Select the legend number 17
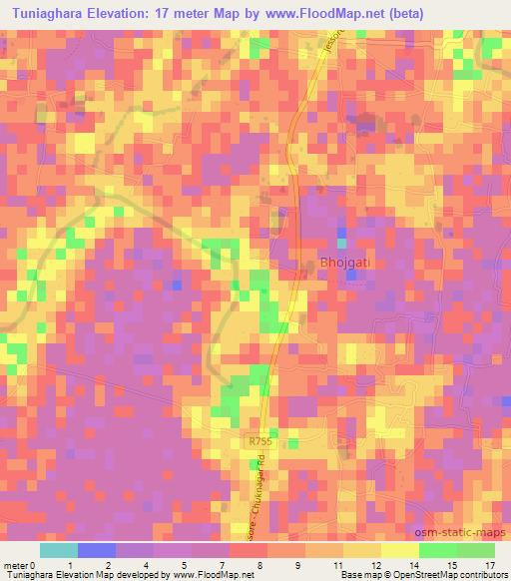coord(489,564)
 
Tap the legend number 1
coord(69,564)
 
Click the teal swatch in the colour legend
coord(59,550)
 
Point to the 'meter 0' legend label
coord(19,564)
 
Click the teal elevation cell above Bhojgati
coord(342,243)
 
